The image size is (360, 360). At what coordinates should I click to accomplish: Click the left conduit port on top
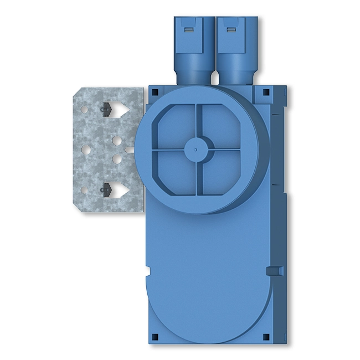click(x=194, y=50)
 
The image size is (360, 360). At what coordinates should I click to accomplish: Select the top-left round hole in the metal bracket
click(x=84, y=109)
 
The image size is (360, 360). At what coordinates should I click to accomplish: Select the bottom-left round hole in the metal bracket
click(x=84, y=190)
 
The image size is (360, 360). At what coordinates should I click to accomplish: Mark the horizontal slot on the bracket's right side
click(x=130, y=149)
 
